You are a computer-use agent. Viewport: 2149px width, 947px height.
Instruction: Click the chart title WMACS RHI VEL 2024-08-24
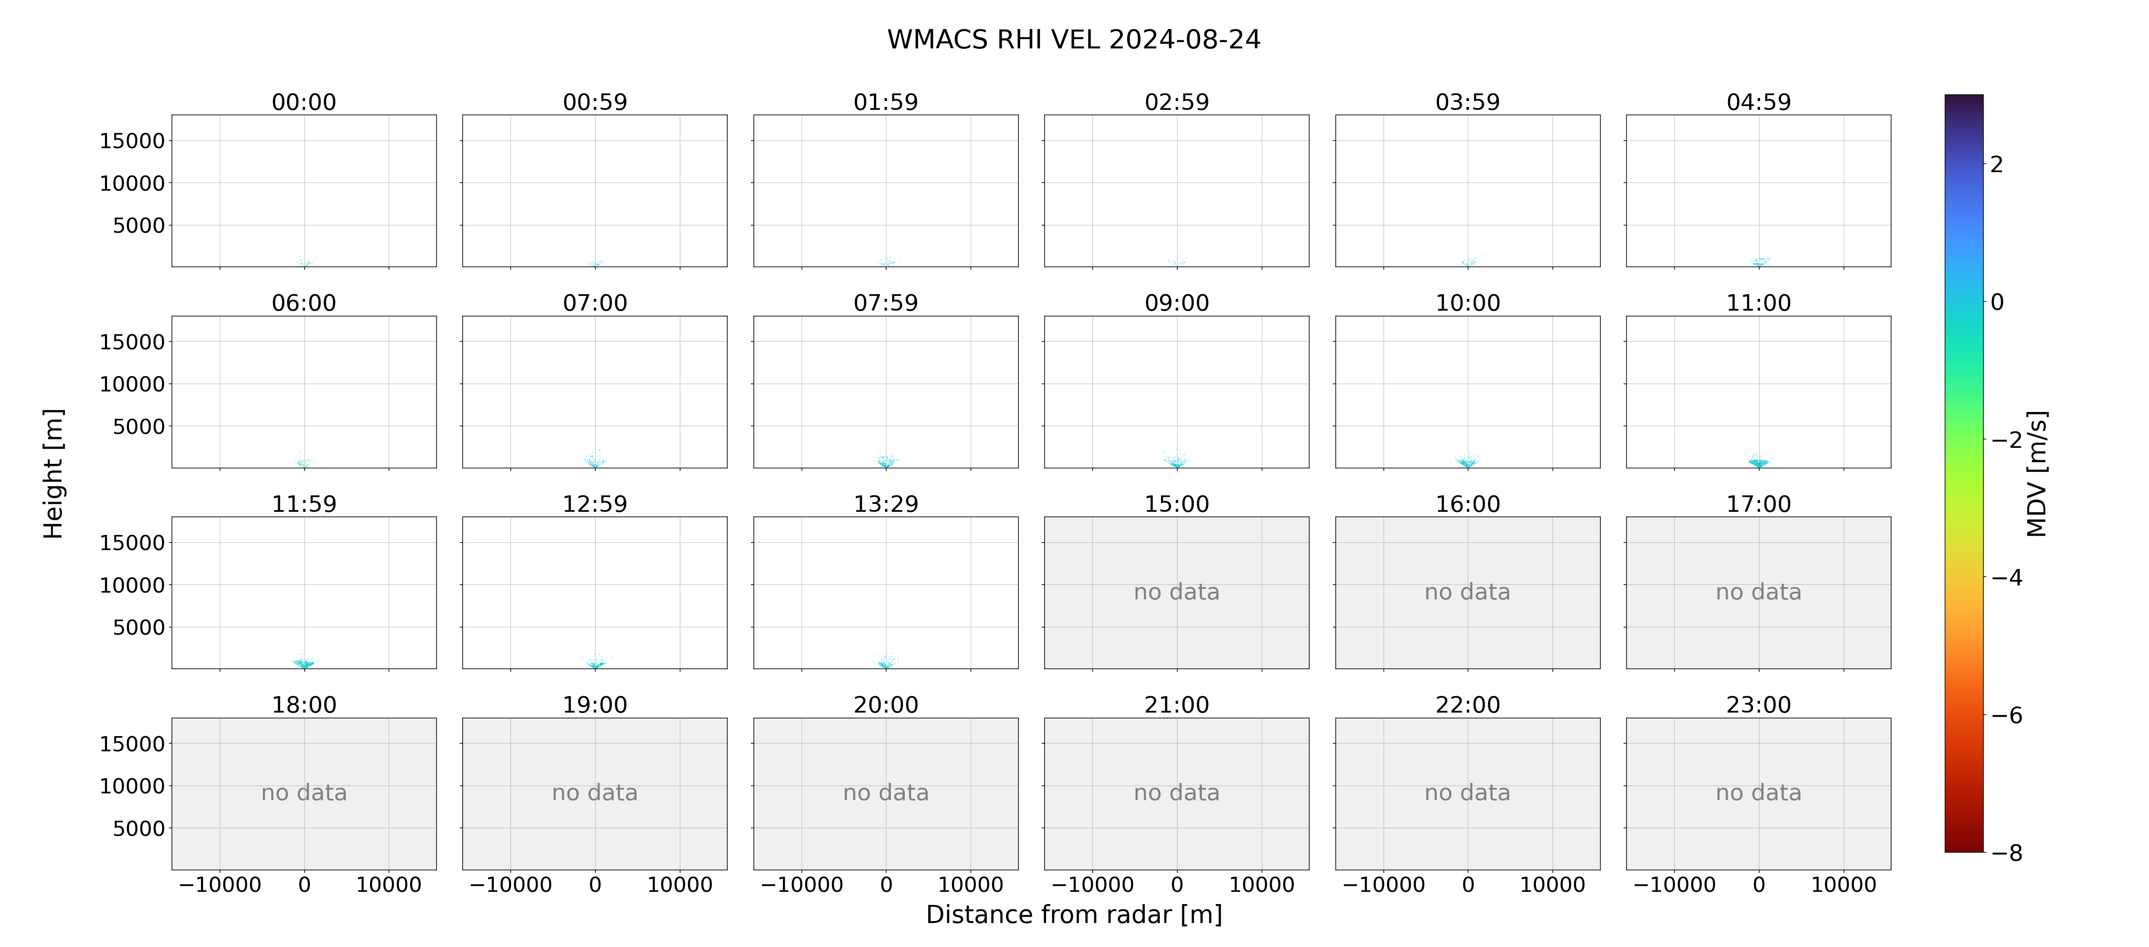pyautogui.click(x=1074, y=39)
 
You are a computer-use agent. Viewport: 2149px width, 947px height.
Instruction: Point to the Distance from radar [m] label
pyautogui.click(x=1074, y=915)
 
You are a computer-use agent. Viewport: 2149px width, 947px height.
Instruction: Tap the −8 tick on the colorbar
pyautogui.click(x=2006, y=853)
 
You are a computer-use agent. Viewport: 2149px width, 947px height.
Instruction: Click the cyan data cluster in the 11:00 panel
pyautogui.click(x=1758, y=461)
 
